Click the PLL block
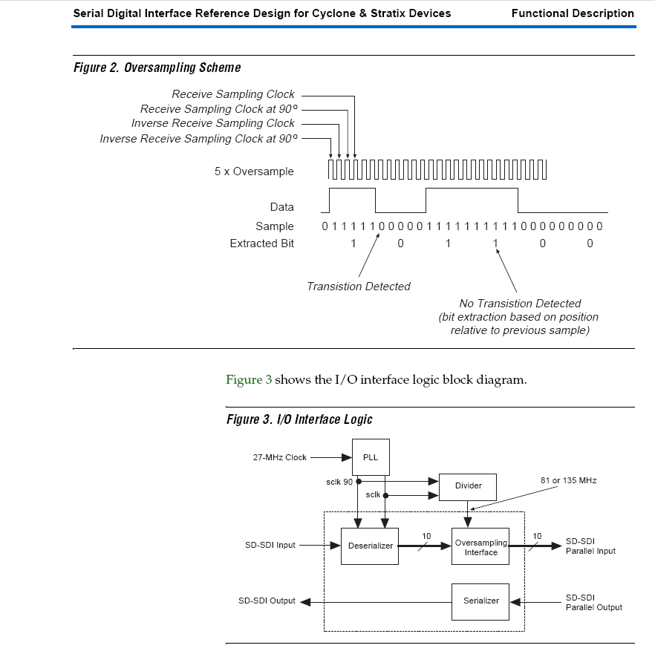click(371, 457)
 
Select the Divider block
click(468, 485)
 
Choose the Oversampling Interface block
click(480, 547)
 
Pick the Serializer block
click(480, 601)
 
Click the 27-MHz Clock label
click(279, 457)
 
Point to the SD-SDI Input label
click(270, 546)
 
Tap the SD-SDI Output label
click(267, 601)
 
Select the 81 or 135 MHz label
click(568, 480)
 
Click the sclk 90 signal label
click(339, 482)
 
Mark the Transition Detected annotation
click(359, 287)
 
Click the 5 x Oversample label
click(254, 171)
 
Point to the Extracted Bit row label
click(261, 243)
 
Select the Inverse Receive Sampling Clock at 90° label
click(198, 139)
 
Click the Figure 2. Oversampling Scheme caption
click(157, 68)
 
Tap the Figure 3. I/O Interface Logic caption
click(299, 419)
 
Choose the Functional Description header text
click(572, 13)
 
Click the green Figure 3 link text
click(249, 380)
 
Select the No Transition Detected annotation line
click(520, 303)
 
